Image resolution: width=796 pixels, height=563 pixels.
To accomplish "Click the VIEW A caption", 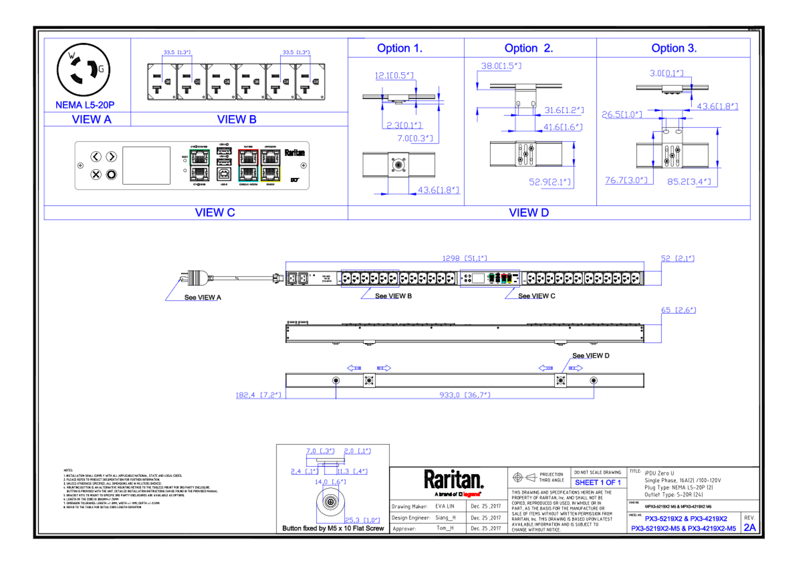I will point(92,120).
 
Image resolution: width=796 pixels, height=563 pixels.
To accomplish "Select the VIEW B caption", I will point(237,120).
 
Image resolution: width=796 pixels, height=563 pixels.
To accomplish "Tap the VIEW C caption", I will point(215,212).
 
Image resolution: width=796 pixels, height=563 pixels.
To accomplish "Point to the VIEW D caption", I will point(529,212).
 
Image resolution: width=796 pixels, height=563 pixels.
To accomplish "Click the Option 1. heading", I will point(399,48).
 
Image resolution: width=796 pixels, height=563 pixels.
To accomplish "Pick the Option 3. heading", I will point(674,48).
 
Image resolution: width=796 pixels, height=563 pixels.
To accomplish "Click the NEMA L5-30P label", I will point(85,105).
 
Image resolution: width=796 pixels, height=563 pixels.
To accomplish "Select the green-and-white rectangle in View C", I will point(199,165).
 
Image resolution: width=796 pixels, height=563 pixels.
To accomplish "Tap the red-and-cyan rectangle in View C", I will point(248,165).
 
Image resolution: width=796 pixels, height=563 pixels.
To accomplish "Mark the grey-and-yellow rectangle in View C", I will point(271,165).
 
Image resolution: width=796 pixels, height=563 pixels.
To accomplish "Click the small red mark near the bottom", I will point(472,494).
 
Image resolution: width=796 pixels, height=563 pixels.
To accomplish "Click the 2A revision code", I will point(750,528).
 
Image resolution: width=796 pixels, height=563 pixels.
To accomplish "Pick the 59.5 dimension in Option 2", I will point(549,182).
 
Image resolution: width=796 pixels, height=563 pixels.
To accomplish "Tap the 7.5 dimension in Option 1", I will point(415,139).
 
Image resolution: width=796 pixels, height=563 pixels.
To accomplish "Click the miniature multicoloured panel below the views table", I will point(490,278).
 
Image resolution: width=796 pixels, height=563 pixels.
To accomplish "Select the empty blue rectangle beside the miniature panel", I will point(370,278).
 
